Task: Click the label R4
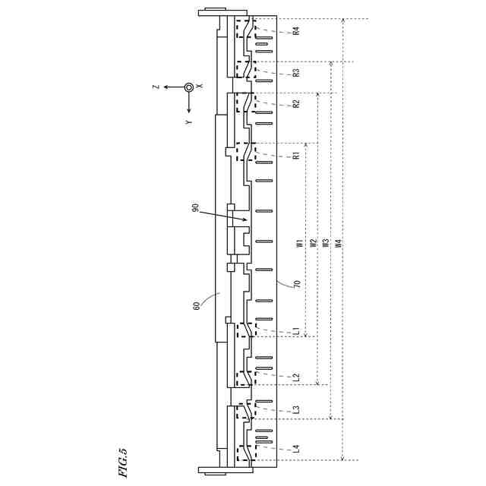tap(296, 31)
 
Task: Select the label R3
tap(296, 73)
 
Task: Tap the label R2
tap(296, 103)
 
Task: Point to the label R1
tap(296, 156)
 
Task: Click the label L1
tap(296, 331)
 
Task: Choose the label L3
tap(296, 410)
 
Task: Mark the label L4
tap(296, 448)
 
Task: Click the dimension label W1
tap(301, 244)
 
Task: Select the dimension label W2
tap(313, 244)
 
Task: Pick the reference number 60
tap(197, 305)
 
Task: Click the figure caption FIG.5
tap(123, 462)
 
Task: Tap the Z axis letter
tap(156, 87)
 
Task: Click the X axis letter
tap(200, 87)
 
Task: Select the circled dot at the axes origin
tap(188, 87)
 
